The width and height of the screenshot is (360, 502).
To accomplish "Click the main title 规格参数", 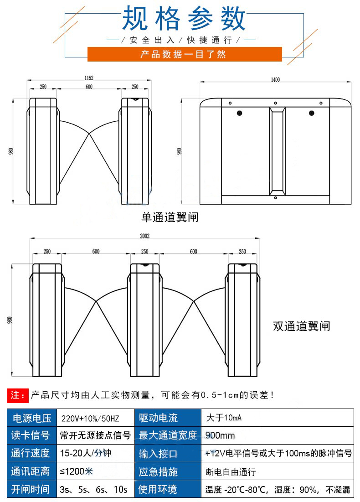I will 184,19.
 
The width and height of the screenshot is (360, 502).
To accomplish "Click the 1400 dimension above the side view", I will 275,79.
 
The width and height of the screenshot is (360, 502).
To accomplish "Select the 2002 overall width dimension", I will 145,236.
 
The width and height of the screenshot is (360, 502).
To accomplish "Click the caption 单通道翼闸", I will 170,217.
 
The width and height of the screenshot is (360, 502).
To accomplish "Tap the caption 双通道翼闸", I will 301,326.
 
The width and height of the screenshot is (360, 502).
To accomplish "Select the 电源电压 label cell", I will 31,418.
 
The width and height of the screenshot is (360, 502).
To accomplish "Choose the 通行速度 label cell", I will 31,454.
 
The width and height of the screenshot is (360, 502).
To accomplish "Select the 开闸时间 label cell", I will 31,490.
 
